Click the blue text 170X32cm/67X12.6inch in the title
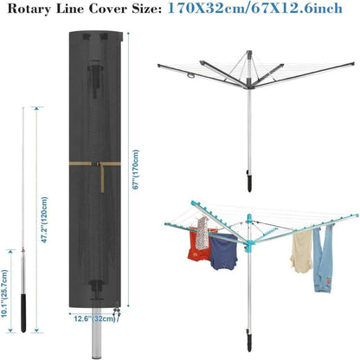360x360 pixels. [x=255, y=8]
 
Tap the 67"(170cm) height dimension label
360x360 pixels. [x=135, y=170]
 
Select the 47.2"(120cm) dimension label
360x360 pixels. [x=44, y=220]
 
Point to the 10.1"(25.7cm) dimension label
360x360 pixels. [x=4, y=293]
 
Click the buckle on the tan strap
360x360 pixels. [x=96, y=164]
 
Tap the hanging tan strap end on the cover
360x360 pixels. [x=102, y=178]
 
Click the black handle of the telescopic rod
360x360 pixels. [x=23, y=313]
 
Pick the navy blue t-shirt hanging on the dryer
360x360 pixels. [x=223, y=251]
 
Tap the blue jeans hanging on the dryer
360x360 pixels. [x=322, y=259]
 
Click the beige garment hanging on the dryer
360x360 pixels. [x=301, y=251]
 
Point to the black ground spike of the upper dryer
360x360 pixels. [x=249, y=182]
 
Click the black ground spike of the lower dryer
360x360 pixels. [x=248, y=340]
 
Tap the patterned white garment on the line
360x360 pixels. [x=202, y=233]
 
